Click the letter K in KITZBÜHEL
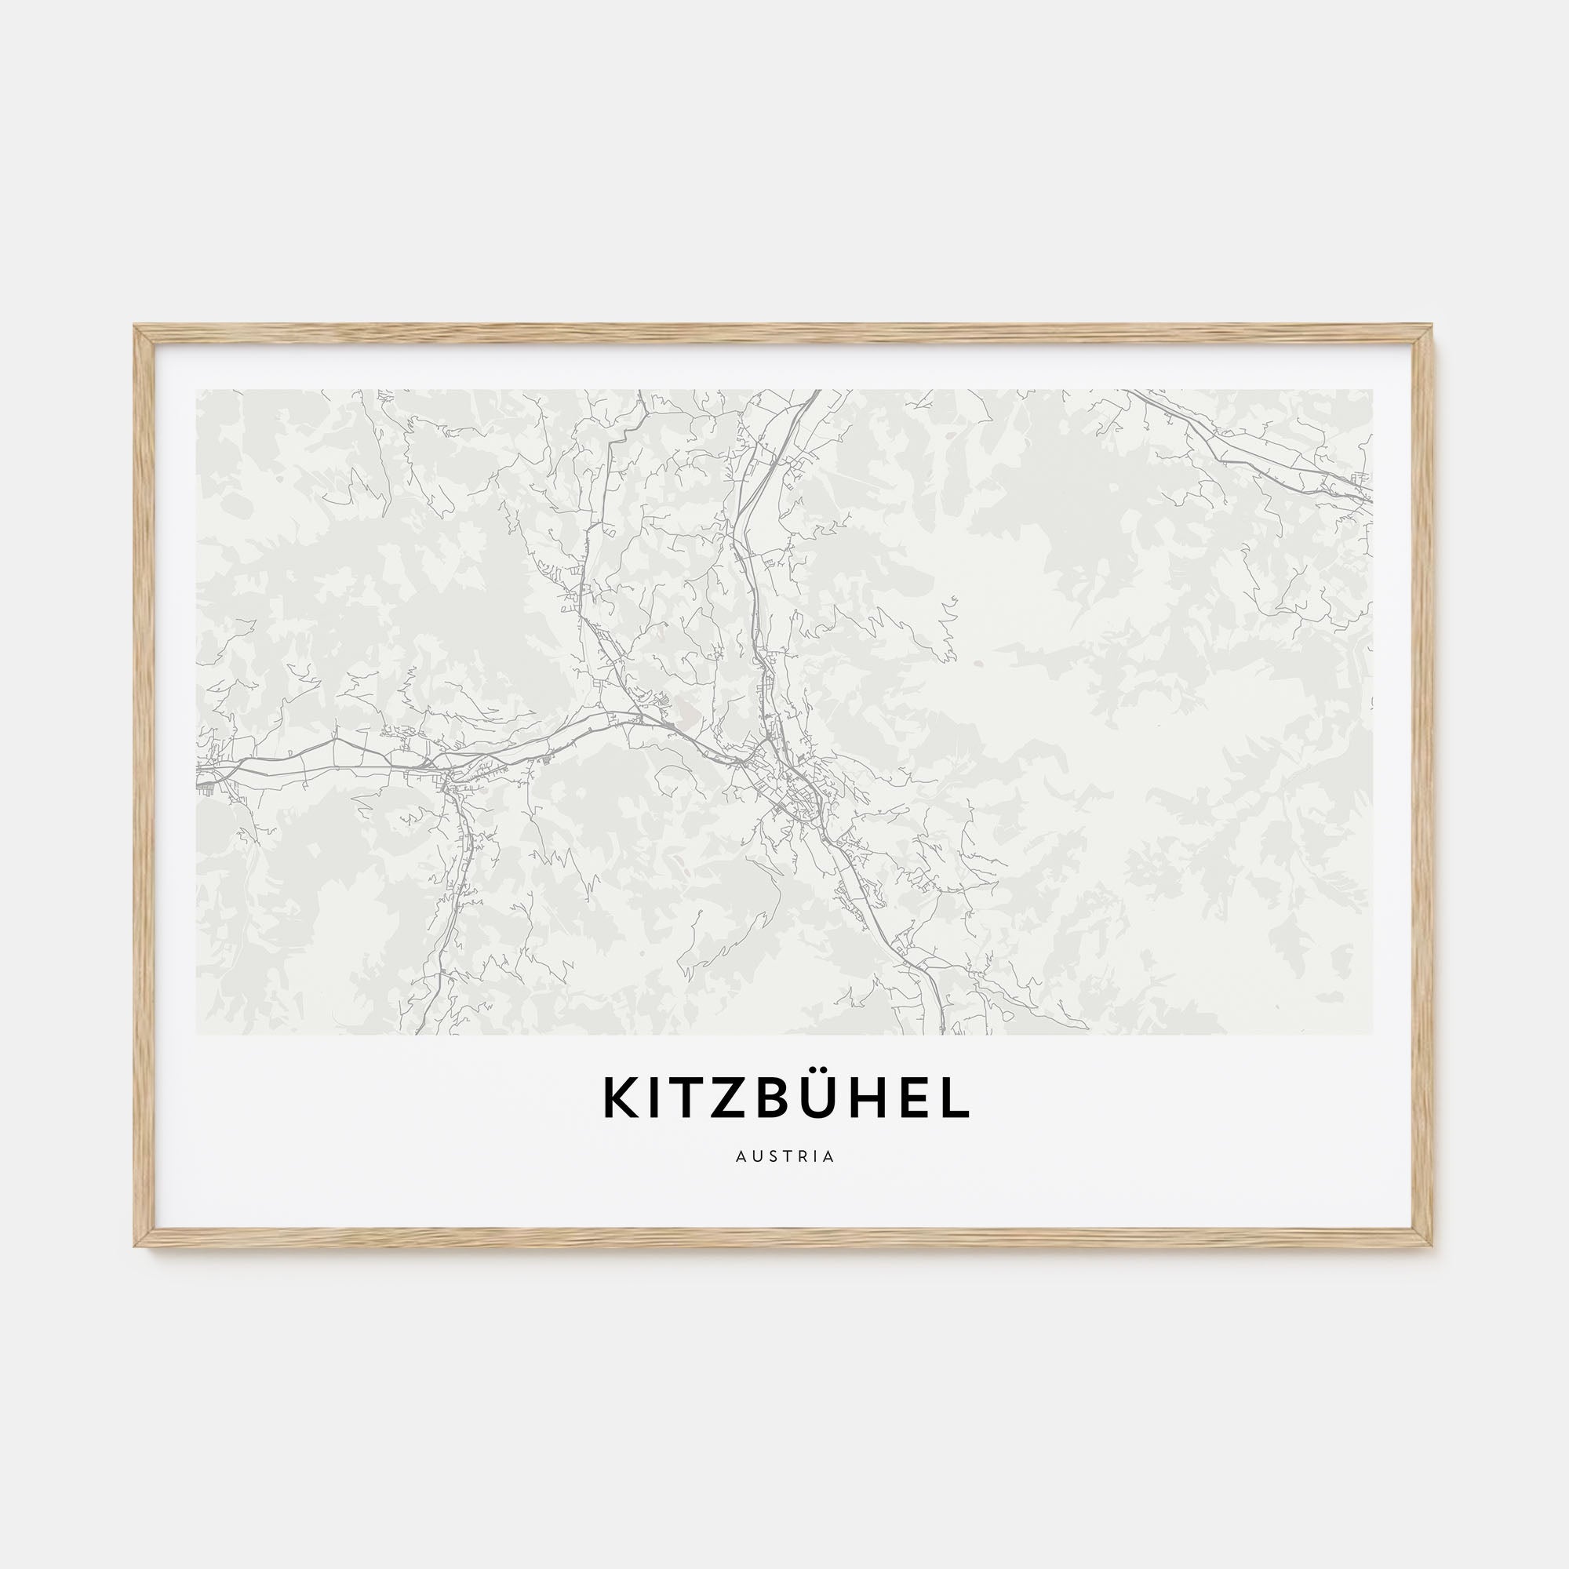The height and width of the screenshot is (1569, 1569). (x=620, y=1098)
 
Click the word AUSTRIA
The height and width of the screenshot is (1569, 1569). (x=784, y=1156)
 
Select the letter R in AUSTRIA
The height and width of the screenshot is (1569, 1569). (x=805, y=1156)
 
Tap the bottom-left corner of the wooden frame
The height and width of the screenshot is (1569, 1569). (x=136, y=1246)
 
